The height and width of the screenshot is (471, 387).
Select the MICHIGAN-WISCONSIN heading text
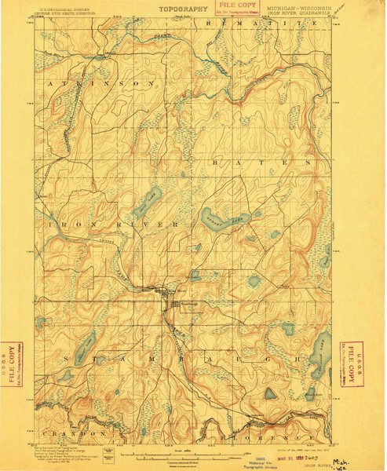pyautogui.click(x=298, y=8)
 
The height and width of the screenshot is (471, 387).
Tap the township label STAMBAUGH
pyautogui.click(x=173, y=357)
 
